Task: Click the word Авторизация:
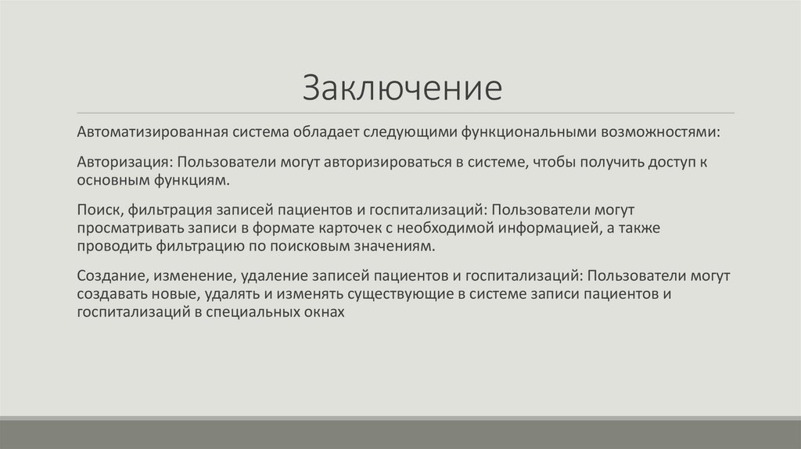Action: pos(124,163)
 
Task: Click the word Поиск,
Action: pos(101,210)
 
